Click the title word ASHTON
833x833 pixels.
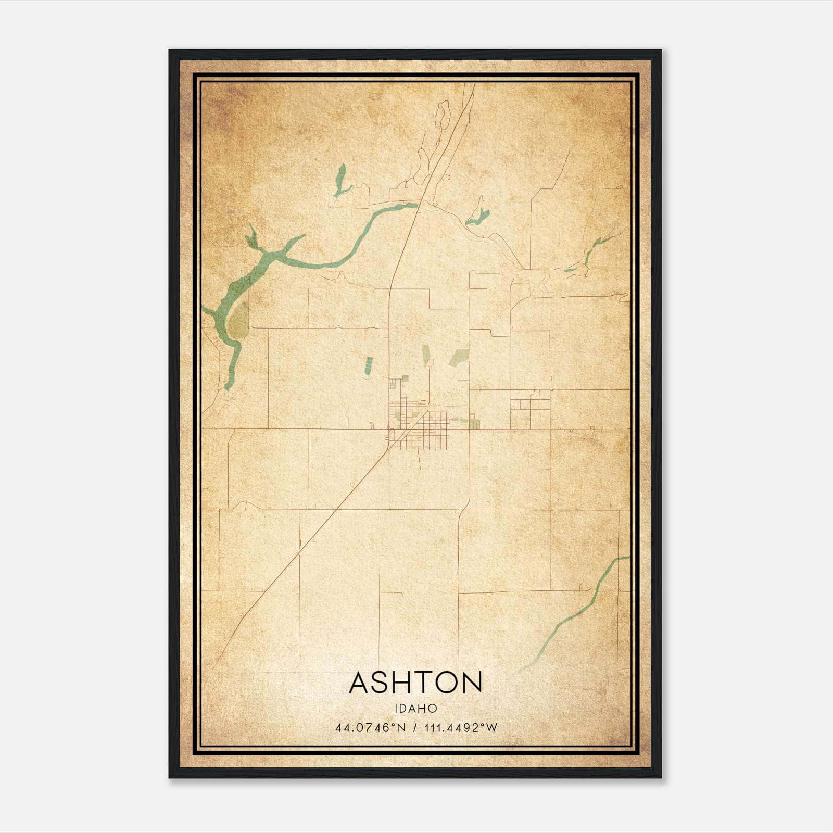coord(415,683)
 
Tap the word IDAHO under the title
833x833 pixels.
coord(415,709)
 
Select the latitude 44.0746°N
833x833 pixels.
coord(370,728)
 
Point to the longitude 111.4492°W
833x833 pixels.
coord(461,728)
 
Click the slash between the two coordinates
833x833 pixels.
coord(415,728)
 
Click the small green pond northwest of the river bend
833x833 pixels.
coord(340,180)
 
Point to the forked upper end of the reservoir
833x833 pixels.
coord(254,237)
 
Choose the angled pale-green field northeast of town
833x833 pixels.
coord(459,357)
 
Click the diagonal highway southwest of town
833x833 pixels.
coord(312,536)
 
